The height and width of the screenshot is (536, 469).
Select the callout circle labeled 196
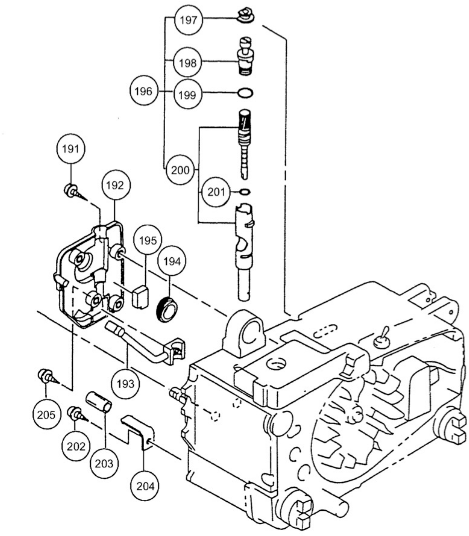[143, 91]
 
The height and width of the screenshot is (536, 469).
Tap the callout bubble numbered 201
[216, 192]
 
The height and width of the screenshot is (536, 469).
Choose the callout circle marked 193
[126, 384]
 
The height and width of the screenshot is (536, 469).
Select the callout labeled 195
[148, 240]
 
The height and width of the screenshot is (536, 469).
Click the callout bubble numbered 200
[180, 170]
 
